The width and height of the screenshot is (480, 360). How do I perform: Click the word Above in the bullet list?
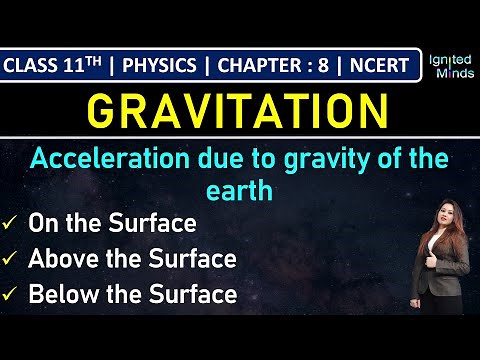(x=63, y=259)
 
